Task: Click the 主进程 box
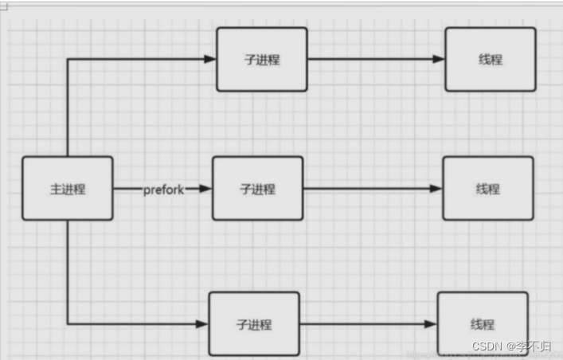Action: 67,189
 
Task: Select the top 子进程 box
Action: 261,59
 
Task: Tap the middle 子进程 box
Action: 257,189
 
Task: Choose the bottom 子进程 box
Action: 254,323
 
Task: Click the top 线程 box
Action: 490,59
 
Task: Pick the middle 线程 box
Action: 487,189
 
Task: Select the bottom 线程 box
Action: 482,323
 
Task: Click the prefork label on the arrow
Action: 164,189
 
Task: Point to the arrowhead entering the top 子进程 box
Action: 210,59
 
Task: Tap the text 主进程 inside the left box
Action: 67,189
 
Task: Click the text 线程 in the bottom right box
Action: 482,324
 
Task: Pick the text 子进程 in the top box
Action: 261,59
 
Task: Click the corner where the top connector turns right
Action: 68,59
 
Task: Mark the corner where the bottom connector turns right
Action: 68,323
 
